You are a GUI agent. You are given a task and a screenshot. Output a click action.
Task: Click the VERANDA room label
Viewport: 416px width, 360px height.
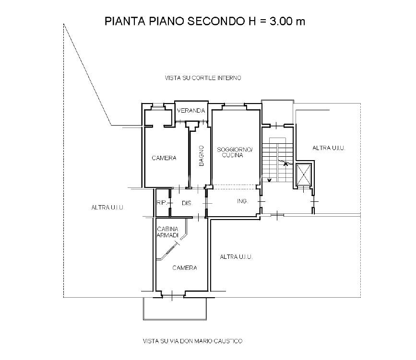191,111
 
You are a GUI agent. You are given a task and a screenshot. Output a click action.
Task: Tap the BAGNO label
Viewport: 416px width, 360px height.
202,156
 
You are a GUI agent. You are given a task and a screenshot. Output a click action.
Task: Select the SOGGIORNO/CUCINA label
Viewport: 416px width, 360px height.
235,152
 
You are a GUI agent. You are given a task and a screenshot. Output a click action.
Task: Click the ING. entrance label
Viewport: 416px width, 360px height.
242,201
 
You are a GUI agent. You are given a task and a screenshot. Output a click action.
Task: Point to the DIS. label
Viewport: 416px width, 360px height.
187,203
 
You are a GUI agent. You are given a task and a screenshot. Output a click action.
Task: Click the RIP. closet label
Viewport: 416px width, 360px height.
162,203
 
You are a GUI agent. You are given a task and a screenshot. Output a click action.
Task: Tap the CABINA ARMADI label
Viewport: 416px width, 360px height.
167,232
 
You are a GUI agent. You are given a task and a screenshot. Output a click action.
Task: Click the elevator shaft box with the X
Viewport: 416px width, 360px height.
304,174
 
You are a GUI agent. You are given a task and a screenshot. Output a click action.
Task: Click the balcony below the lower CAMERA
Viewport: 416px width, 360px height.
175,308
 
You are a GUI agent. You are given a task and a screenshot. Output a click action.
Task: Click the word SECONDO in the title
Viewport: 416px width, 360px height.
214,21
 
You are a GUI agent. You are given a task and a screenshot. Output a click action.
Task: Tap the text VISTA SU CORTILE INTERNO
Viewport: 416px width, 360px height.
203,78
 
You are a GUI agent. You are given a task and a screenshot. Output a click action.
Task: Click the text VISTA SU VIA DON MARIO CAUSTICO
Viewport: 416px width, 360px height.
192,341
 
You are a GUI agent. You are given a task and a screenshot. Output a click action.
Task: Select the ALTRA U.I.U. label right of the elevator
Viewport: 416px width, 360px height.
329,148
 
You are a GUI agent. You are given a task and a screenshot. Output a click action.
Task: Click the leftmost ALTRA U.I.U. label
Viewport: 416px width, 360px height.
107,207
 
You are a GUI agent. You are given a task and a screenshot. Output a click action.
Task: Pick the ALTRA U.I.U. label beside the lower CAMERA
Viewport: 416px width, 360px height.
236,256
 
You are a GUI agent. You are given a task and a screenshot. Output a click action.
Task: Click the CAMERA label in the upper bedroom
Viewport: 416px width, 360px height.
164,158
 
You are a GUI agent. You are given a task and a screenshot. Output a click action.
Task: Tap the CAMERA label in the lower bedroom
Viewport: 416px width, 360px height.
185,268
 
